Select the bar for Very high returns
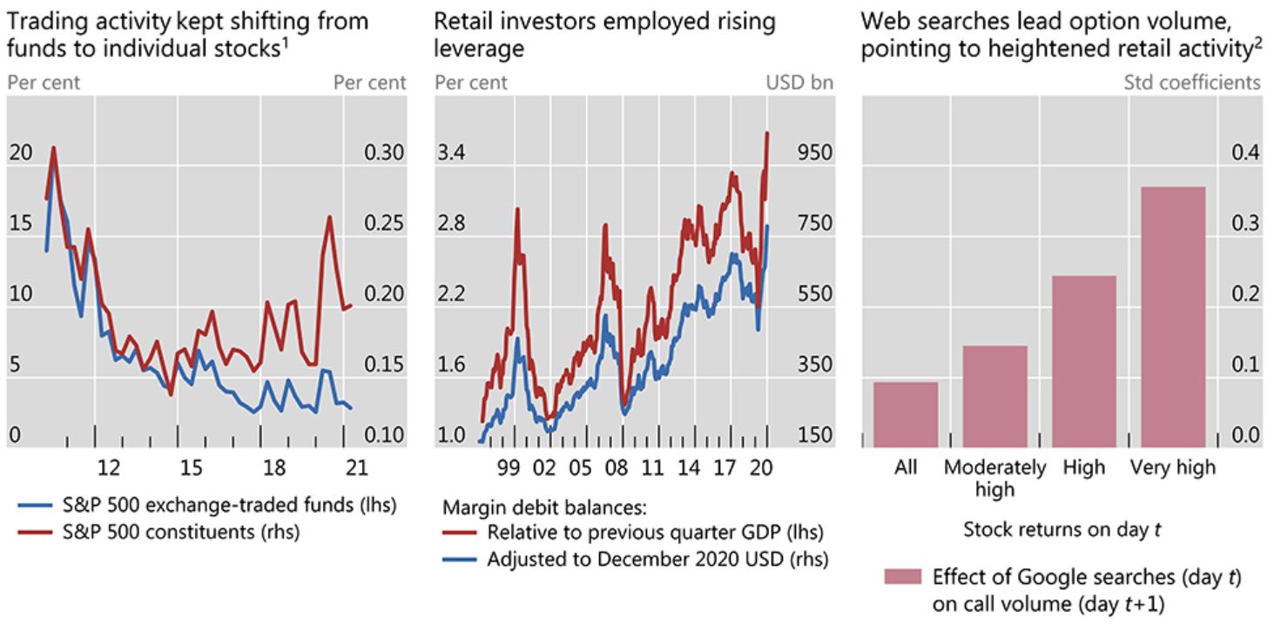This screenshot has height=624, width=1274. [1172, 317]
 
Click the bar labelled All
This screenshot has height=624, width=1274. [905, 414]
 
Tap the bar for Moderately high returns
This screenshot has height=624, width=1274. [994, 396]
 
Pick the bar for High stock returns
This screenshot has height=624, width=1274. [1083, 361]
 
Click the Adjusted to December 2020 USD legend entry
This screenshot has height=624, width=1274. [657, 558]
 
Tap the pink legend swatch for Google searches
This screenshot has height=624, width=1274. [902, 578]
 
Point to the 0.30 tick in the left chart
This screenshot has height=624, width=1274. [383, 153]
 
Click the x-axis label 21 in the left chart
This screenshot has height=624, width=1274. [356, 468]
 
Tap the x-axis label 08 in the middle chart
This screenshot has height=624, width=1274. [616, 468]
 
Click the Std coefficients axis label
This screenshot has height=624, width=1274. [1191, 83]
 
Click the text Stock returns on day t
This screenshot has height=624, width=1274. [1062, 529]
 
